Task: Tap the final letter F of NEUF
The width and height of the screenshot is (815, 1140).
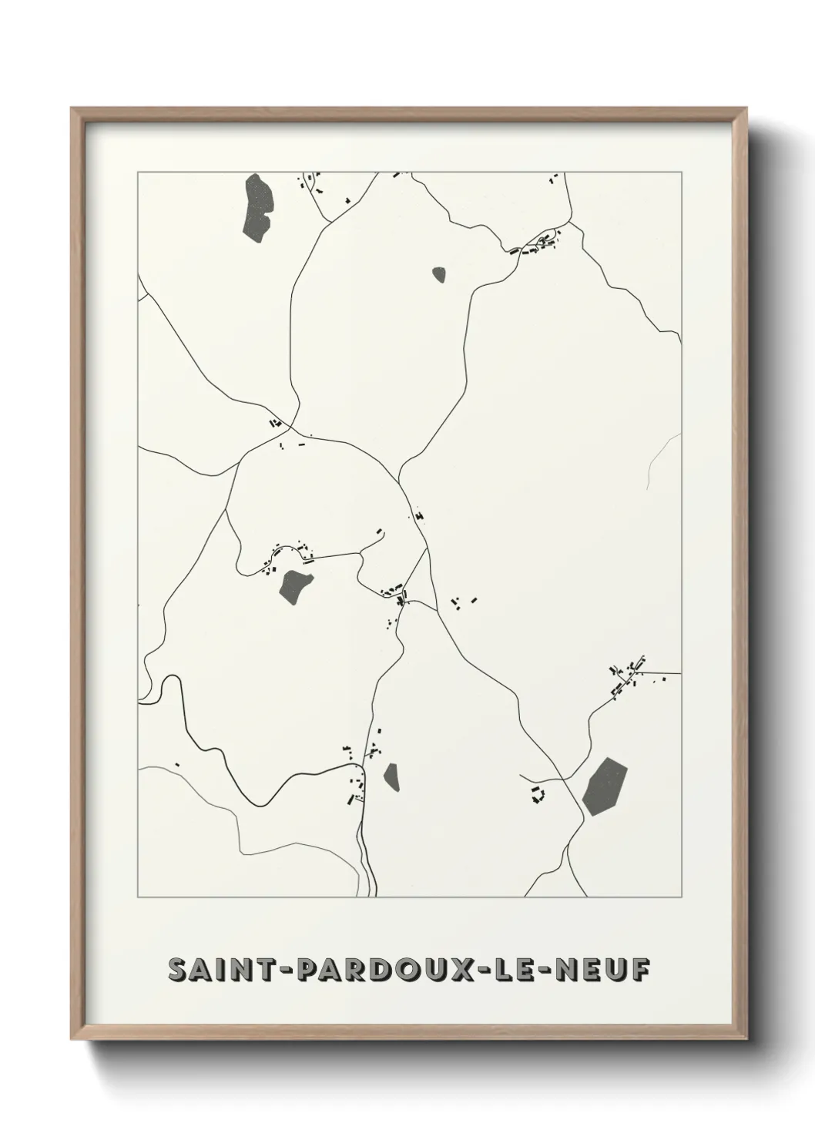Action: pos(639,969)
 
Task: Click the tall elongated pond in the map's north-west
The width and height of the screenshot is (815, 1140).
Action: pos(257,206)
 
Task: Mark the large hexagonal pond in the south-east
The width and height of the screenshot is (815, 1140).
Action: pos(605,786)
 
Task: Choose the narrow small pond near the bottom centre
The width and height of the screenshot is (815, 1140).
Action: pos(392,776)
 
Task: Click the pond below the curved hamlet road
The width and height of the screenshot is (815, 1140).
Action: pos(295,586)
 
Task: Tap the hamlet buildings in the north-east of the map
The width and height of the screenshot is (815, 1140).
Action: pos(538,244)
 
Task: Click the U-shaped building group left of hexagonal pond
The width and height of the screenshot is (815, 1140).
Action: pos(537,795)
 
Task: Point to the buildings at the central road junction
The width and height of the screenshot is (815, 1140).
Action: pos(396,592)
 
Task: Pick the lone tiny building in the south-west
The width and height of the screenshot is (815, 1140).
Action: pos(176,764)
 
